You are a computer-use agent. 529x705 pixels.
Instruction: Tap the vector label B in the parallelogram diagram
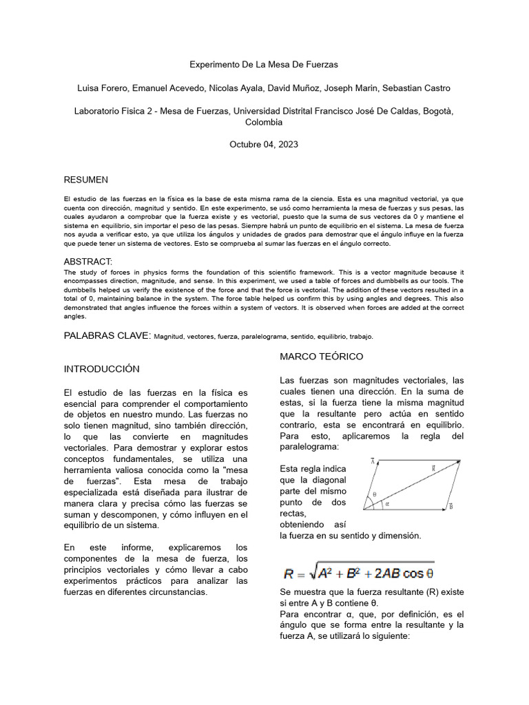point(450,506)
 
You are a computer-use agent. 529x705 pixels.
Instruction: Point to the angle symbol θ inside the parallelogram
point(375,494)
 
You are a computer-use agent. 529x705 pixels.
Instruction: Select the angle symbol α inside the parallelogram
point(387,503)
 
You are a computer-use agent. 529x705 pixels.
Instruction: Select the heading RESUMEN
point(86,180)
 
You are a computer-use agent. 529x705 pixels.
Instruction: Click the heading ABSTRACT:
point(87,262)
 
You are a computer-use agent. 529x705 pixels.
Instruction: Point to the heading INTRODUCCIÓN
point(101,369)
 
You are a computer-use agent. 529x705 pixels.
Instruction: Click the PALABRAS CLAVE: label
point(107,335)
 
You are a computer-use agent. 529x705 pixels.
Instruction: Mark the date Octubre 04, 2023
point(264,145)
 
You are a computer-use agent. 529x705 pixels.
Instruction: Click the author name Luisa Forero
point(103,88)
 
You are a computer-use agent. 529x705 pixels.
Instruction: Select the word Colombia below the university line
point(264,122)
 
